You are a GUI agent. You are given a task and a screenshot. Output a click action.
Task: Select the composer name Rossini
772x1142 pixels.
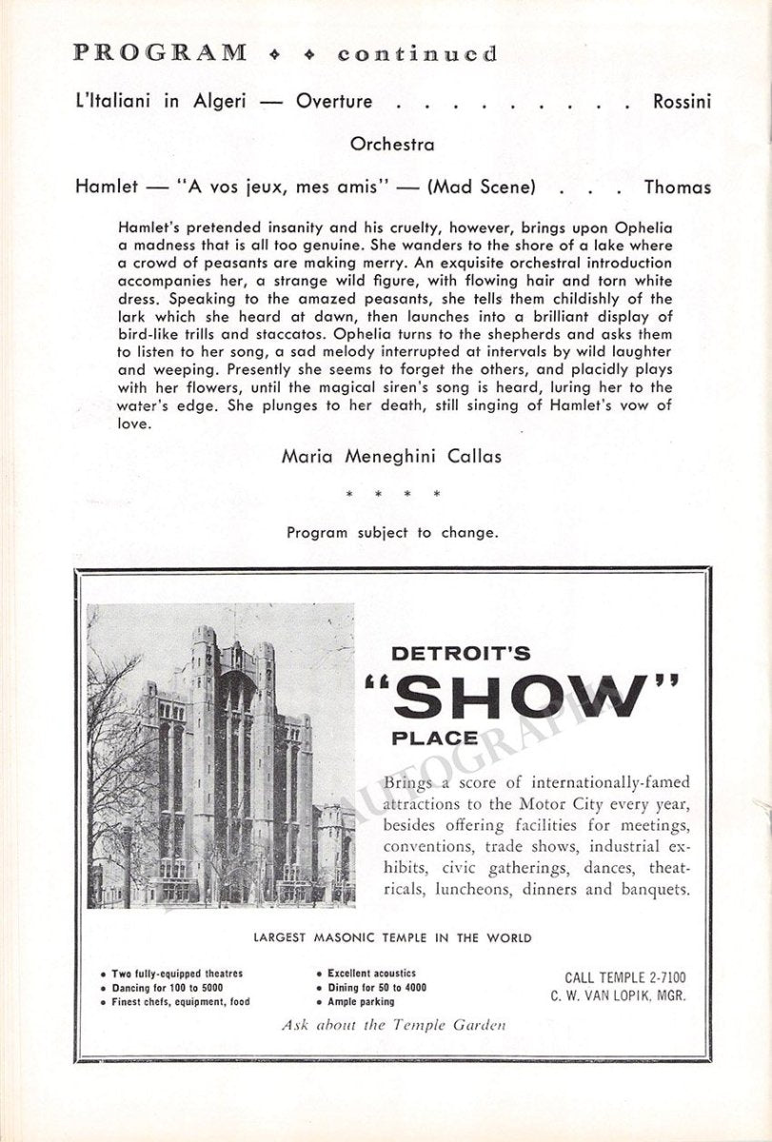coord(682,102)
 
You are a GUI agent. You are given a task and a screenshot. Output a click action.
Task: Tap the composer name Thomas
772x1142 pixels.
coord(677,187)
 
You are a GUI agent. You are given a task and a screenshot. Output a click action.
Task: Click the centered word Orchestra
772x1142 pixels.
coord(392,145)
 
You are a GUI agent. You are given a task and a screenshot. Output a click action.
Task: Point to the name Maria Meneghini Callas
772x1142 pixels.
coord(392,456)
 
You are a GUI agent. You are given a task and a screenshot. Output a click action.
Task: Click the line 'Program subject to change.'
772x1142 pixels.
coord(392,532)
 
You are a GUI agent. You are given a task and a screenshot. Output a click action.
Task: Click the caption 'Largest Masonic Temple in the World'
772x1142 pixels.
coord(392,937)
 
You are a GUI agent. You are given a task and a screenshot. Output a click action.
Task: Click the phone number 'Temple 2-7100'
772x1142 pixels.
coord(625,977)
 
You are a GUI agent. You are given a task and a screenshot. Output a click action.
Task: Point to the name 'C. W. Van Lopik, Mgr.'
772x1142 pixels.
coord(617,996)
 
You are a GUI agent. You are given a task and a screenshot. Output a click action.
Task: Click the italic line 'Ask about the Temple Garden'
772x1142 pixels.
coord(392,1025)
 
